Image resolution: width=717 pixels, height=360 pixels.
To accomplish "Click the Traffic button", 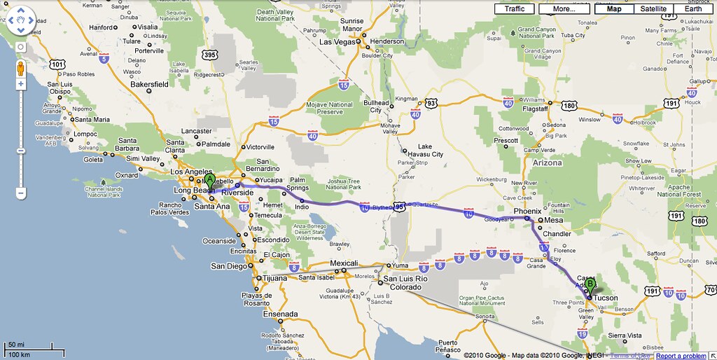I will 514,9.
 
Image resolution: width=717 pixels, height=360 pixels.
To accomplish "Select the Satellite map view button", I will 653,9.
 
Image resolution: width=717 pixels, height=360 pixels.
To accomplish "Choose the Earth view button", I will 693,9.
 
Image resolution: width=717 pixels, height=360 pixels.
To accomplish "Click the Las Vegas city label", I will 338,42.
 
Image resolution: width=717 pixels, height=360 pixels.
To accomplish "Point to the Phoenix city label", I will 528,211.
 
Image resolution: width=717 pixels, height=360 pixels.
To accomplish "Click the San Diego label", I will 229,266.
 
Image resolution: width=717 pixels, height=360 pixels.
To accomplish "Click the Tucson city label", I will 606,298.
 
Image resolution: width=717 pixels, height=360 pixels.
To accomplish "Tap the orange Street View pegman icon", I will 20,68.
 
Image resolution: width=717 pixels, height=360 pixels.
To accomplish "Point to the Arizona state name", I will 547,162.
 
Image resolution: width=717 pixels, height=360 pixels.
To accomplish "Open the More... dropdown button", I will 564,9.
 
